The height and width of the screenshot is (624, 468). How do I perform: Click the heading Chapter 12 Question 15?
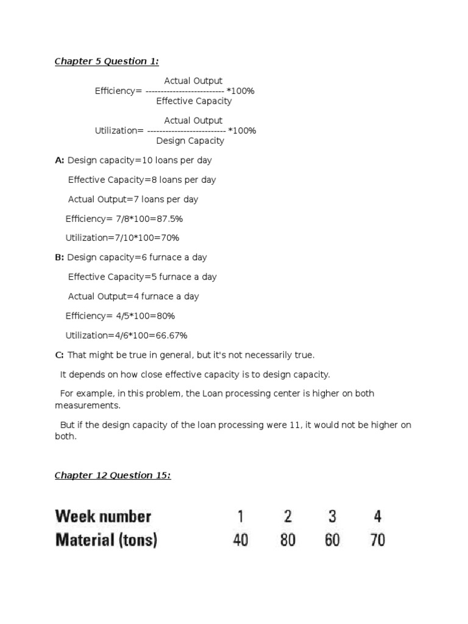point(113,475)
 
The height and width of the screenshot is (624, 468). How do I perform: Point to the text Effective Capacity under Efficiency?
point(194,101)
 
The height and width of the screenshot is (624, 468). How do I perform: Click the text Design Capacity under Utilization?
point(190,141)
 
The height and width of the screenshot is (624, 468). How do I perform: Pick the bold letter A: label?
point(59,160)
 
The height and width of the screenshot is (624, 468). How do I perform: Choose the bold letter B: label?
point(59,257)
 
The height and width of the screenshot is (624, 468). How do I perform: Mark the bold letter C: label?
point(59,355)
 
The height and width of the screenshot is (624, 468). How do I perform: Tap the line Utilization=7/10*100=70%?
point(122,238)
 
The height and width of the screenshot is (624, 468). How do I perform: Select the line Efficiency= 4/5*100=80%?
point(120,316)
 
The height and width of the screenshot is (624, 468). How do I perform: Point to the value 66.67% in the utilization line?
point(171,335)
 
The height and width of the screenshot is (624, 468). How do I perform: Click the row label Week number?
point(103,517)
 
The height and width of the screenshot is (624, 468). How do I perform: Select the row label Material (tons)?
point(106,540)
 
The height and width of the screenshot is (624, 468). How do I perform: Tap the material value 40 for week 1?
point(241,540)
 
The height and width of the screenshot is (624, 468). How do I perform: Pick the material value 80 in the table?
point(287,540)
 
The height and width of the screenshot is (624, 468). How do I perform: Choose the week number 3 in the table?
point(332,517)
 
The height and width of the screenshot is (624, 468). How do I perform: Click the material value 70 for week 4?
point(377,540)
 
